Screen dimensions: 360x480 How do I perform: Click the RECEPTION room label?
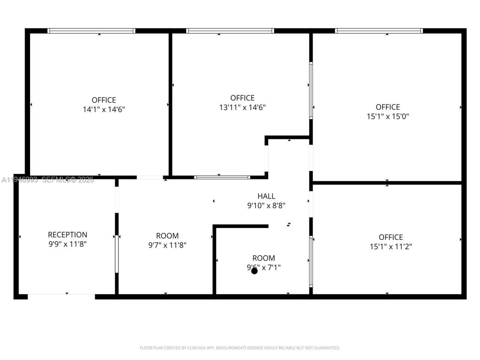(67, 235)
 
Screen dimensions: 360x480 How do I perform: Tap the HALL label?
(266, 196)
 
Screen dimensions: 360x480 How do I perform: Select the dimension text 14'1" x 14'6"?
(104, 109)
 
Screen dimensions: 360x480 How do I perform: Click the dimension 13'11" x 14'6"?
(242, 107)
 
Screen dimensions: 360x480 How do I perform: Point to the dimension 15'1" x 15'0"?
(388, 116)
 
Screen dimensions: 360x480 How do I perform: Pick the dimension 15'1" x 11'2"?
(391, 247)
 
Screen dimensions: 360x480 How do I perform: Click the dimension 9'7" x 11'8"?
(167, 245)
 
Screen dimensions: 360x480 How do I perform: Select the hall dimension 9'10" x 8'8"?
(266, 205)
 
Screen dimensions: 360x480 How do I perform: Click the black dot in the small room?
(254, 271)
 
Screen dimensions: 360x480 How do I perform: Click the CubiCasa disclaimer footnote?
(240, 348)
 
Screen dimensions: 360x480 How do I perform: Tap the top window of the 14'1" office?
(91, 31)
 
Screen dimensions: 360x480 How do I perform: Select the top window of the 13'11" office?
(230, 31)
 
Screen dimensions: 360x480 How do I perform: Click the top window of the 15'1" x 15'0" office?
(379, 31)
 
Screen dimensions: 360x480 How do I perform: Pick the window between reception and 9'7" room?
(117, 254)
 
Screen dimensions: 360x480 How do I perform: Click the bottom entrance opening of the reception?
(61, 296)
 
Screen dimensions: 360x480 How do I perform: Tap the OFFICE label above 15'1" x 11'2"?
(391, 237)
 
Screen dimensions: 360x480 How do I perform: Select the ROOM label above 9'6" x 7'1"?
(264, 258)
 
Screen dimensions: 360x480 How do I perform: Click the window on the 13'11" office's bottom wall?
(222, 177)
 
